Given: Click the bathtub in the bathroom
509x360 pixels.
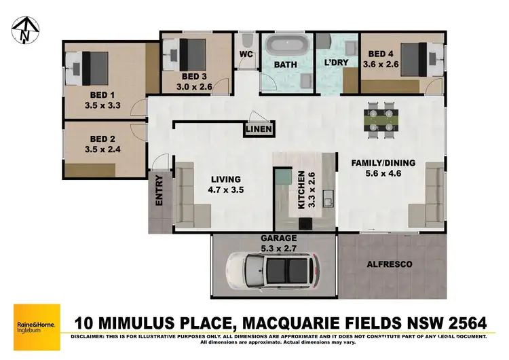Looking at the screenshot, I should pyautogui.click(x=285, y=48).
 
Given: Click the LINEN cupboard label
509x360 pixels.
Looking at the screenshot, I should pyautogui.click(x=260, y=129).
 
